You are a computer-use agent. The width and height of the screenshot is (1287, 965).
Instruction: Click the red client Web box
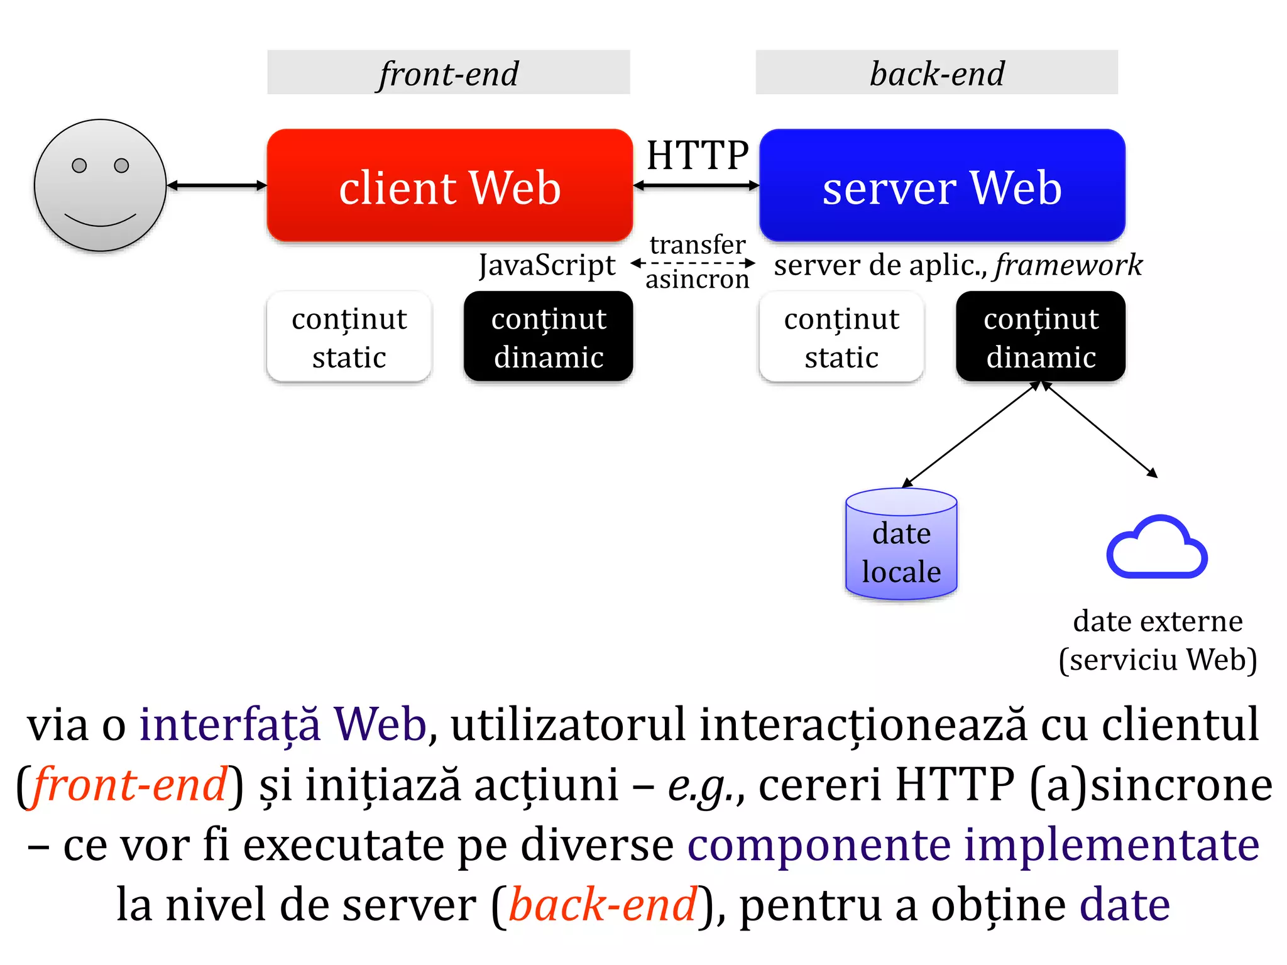(449, 186)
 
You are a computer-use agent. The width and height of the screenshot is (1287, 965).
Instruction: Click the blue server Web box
(941, 186)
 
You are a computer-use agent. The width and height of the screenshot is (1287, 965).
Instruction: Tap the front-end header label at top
(448, 73)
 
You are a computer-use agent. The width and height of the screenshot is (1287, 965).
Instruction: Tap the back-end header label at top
(936, 73)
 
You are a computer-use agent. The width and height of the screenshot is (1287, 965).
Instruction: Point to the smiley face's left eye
(79, 165)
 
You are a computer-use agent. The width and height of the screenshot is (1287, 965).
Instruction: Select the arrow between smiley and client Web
(217, 185)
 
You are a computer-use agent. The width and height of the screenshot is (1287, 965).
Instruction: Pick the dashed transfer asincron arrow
(693, 263)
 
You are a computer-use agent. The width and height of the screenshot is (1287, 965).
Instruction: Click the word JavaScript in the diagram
(547, 264)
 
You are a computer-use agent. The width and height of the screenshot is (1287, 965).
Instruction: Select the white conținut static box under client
(349, 337)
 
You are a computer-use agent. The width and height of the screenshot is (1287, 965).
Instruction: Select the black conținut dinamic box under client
(548, 337)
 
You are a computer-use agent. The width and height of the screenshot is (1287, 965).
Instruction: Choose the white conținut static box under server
(841, 337)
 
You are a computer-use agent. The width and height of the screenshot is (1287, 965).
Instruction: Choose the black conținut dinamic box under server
(1041, 337)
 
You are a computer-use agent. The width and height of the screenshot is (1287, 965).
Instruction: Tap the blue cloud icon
(1156, 548)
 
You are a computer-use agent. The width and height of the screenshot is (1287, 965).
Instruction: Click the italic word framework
(1068, 264)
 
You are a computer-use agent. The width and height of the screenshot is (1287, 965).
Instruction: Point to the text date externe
(1158, 621)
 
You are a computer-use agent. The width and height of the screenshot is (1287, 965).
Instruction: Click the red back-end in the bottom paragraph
(603, 905)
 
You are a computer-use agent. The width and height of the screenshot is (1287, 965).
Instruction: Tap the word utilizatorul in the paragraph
(567, 724)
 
